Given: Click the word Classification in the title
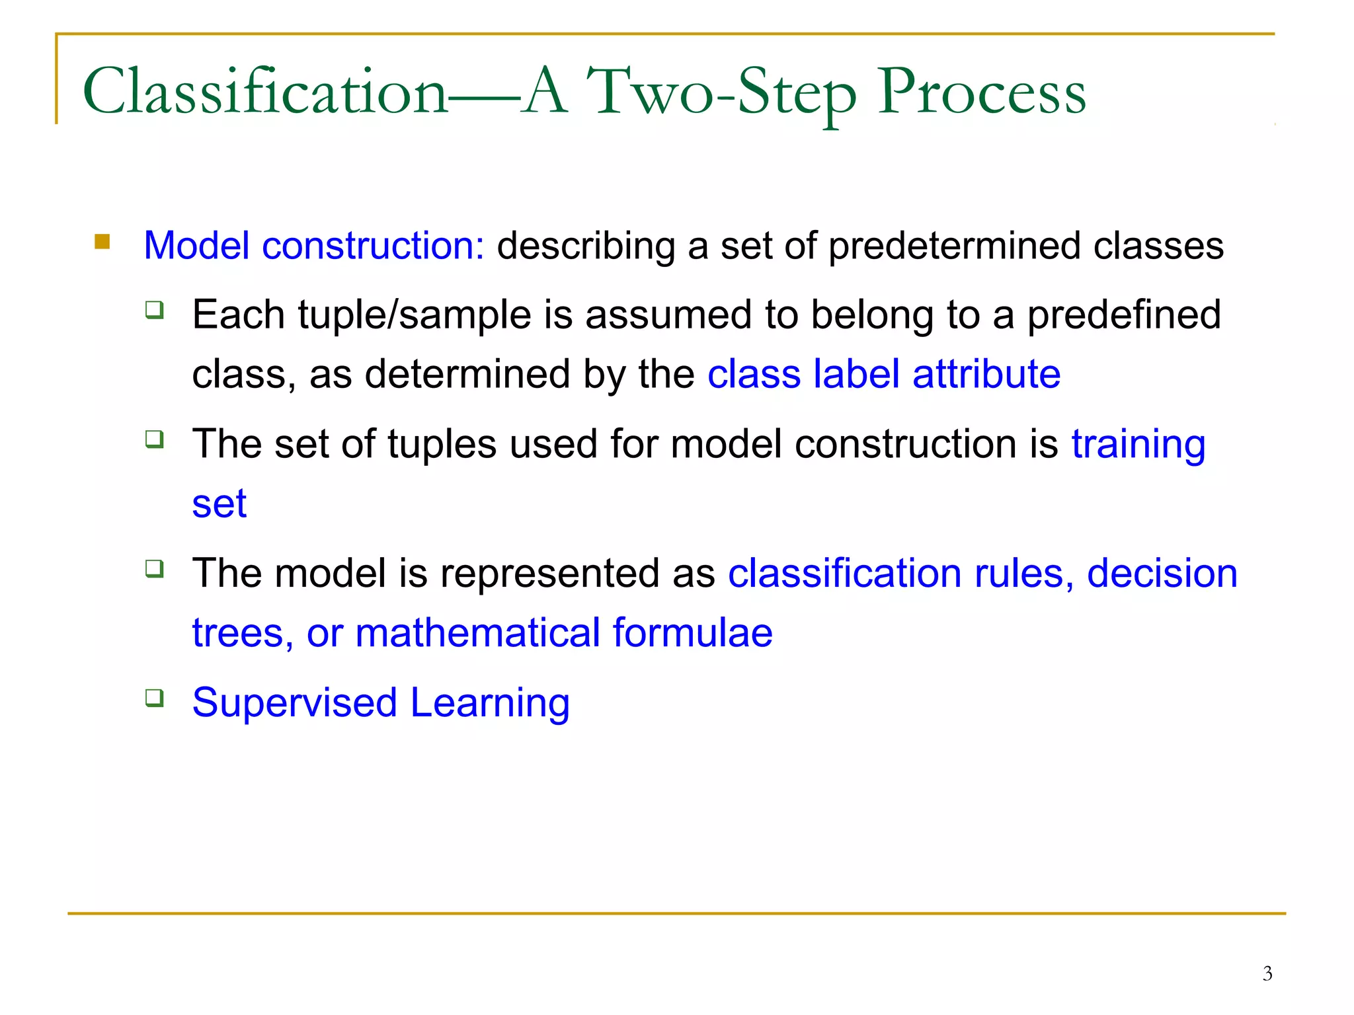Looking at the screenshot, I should pos(264,93).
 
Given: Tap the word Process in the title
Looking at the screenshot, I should pos(981,93).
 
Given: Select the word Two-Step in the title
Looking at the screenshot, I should pos(722,93).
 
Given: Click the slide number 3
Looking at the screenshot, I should pos(1267,973).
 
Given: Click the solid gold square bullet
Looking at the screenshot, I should pos(102,241).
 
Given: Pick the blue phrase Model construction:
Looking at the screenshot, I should pos(314,246).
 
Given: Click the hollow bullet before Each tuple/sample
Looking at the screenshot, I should pos(155,309).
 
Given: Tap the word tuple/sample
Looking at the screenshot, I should pos(415,315).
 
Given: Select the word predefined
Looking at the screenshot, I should pos(1123,315).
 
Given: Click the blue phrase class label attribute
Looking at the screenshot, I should pos(884,374).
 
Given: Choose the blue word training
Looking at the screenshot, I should pos(1138,444).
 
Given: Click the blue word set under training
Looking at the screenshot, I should pos(219,504).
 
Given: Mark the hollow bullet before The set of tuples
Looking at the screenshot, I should pos(155,439).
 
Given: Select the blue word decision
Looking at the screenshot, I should pos(1162,573).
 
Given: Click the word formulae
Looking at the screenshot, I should pos(692,633).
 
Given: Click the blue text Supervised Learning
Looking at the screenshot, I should pos(381,702).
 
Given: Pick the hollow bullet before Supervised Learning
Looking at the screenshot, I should pos(155,698).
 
